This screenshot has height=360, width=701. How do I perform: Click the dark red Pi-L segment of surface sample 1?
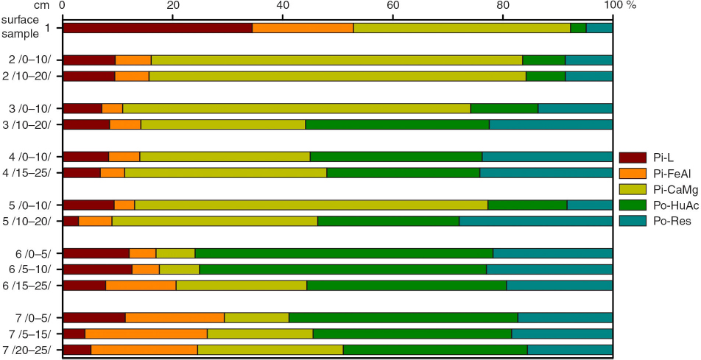pyautogui.click(x=158, y=28)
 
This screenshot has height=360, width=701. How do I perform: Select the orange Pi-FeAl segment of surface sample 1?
pyautogui.click(x=303, y=28)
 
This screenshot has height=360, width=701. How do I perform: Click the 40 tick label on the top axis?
pyautogui.click(x=283, y=6)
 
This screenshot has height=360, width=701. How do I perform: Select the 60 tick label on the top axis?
pyautogui.click(x=392, y=6)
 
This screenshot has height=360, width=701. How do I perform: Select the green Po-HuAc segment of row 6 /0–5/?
pyautogui.click(x=344, y=254)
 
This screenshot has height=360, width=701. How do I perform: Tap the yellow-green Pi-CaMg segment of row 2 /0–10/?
pyautogui.click(x=337, y=60)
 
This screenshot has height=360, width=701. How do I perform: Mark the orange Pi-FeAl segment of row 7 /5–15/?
pyautogui.click(x=146, y=334)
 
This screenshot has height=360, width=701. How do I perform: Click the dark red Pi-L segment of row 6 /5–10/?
pyautogui.click(x=97, y=269)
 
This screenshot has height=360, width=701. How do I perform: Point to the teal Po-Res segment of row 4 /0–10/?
pyautogui.click(x=547, y=156)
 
